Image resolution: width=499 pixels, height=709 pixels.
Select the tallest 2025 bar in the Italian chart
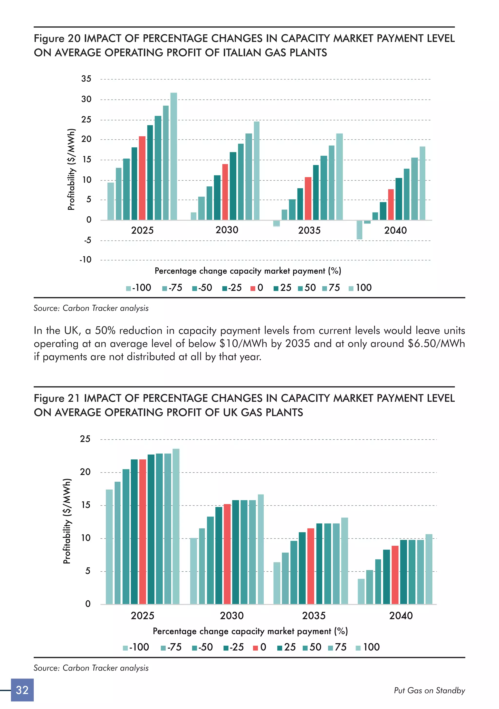tap(174, 156)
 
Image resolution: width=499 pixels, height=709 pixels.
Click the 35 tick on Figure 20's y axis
tap(86, 79)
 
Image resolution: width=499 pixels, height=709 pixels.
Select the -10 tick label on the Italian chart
tap(86, 260)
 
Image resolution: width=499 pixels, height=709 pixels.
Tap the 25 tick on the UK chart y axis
tap(85, 439)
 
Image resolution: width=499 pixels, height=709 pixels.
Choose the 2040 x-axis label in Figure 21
tap(401, 615)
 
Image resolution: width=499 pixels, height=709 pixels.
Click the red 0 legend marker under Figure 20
tap(253, 288)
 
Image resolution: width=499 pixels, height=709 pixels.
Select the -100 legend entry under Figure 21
tap(136, 647)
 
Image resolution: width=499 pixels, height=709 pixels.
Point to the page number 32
tap(22, 690)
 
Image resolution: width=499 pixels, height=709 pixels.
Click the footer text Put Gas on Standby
tap(429, 690)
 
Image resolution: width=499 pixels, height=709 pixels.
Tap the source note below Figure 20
tap(91, 308)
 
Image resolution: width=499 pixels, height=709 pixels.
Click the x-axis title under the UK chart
tap(250, 631)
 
